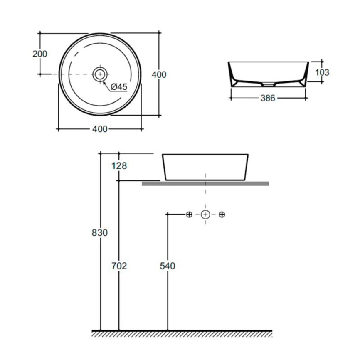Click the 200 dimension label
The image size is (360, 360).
pos(40,54)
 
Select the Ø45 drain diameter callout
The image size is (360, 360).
pos(119,86)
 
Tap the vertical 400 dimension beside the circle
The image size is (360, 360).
pos(159,74)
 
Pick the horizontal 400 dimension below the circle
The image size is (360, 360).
pos(100,129)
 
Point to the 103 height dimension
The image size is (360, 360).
pos(322,72)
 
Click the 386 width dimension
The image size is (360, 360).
pos(268,98)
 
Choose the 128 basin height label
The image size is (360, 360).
pos(119,165)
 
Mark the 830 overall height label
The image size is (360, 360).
pos(100,232)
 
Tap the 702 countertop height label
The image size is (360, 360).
pos(119,266)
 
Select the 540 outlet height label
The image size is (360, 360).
pos(168,266)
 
